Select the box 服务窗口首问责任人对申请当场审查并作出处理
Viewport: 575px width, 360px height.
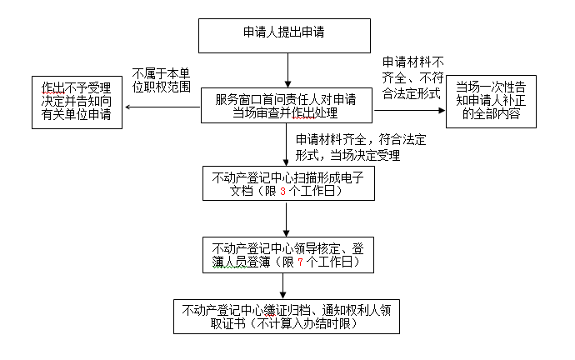click(287, 105)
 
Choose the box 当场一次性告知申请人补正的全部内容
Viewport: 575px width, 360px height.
click(491, 101)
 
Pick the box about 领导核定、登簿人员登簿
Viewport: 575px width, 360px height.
click(286, 255)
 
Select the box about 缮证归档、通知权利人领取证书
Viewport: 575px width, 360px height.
click(285, 317)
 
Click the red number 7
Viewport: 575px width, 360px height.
click(299, 262)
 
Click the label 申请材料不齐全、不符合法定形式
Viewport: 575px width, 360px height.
click(411, 77)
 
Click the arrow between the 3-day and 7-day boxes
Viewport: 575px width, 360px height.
click(286, 218)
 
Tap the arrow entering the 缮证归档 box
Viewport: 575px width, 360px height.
click(285, 287)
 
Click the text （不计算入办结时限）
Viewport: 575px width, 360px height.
click(286, 324)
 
